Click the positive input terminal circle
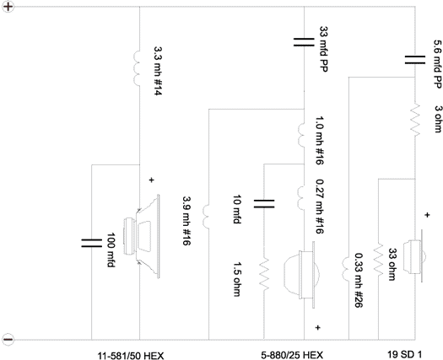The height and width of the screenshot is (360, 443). click(8, 7)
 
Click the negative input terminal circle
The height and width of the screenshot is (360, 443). click(8, 339)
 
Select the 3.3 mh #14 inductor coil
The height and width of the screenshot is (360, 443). click(137, 68)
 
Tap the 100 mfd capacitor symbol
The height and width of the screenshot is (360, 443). click(91, 243)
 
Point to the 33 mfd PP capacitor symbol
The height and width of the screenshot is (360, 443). click(304, 42)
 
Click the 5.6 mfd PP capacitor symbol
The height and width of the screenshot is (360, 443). click(415, 60)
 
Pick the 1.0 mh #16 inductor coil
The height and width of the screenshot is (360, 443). click(301, 135)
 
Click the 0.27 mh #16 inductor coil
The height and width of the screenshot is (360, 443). click(301, 197)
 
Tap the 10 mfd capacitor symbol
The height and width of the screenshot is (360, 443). click(264, 203)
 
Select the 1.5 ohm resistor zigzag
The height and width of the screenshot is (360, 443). click(264, 275)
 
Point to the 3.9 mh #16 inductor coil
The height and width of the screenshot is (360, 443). click(206, 216)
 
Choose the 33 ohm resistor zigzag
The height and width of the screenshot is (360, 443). click(378, 260)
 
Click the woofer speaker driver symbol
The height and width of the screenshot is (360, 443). click(142, 236)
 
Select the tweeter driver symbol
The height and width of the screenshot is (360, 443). click(414, 255)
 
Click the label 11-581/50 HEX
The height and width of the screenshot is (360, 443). click(131, 356)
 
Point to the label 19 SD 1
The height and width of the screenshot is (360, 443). click(404, 354)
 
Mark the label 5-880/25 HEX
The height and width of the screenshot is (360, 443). click(292, 355)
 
